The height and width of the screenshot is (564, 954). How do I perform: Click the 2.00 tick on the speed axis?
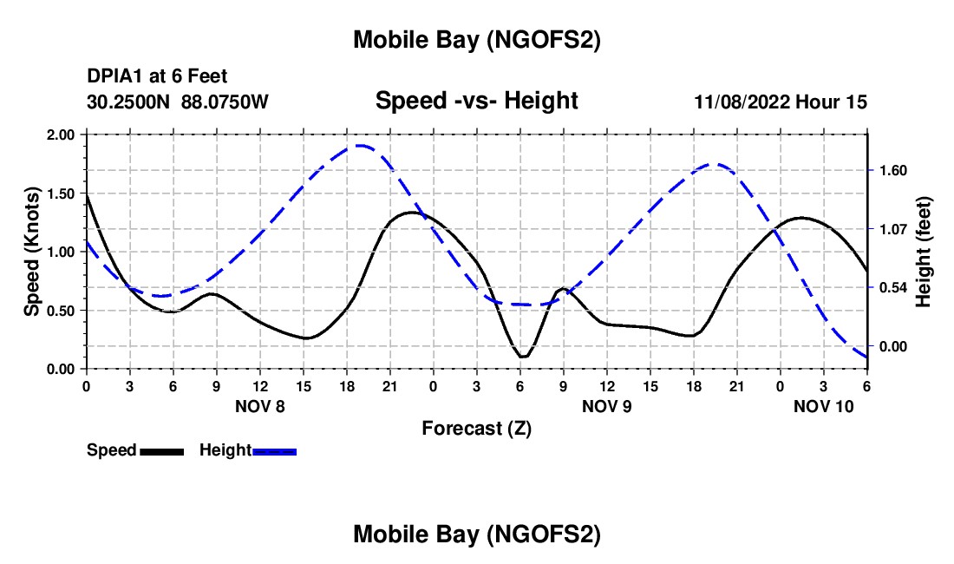[60, 135]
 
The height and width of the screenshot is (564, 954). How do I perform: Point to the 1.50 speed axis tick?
[60, 193]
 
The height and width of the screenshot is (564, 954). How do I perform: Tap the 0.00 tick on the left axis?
[60, 369]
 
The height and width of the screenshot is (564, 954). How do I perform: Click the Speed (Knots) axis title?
[32, 252]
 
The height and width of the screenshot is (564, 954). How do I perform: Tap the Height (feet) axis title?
[923, 252]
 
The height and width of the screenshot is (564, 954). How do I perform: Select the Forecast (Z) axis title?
[476, 428]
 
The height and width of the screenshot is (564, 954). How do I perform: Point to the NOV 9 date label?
[607, 406]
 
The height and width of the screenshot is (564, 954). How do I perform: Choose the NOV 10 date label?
[824, 406]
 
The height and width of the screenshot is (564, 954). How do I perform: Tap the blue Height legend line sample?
[275, 451]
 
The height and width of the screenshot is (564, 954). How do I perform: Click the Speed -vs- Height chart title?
[476, 101]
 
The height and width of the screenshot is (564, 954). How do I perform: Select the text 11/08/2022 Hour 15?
[781, 102]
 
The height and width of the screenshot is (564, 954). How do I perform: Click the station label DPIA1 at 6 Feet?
[157, 77]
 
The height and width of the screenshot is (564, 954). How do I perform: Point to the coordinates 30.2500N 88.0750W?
[178, 102]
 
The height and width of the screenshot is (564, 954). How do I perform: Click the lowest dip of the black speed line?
[522, 357]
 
